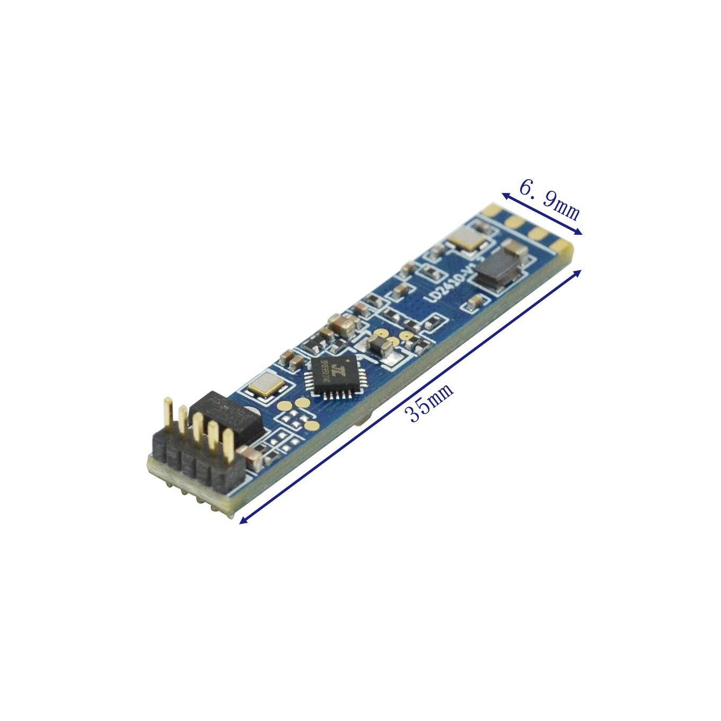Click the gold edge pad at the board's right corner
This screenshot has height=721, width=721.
pos(563,244)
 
